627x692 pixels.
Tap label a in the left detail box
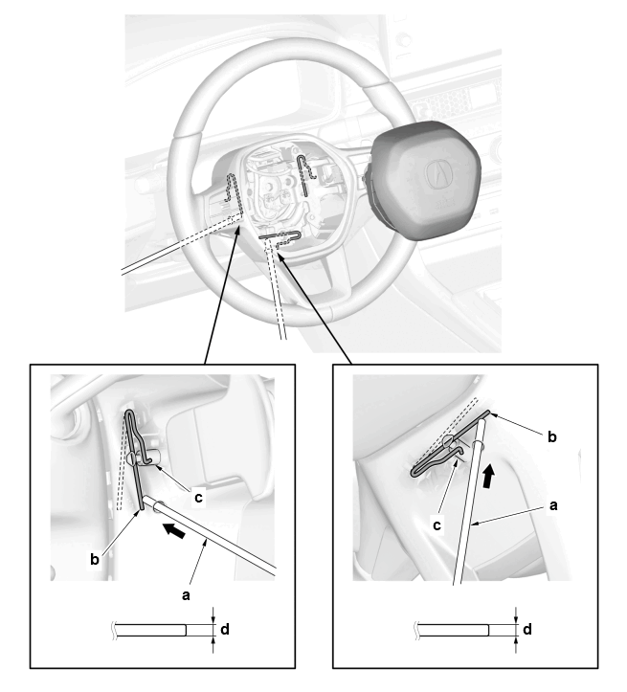(187, 595)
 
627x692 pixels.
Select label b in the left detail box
(95, 559)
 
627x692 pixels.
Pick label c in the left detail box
(198, 498)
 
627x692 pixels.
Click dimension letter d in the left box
(225, 629)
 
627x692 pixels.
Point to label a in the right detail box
(553, 504)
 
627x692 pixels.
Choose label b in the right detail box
(552, 436)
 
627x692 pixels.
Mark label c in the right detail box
(437, 525)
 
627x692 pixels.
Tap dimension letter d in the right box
(526, 629)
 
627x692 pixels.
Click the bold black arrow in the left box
(171, 530)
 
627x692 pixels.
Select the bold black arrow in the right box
(487, 477)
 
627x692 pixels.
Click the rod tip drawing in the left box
(151, 630)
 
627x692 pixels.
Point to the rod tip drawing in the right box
(453, 630)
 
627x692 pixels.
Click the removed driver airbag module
(421, 181)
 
